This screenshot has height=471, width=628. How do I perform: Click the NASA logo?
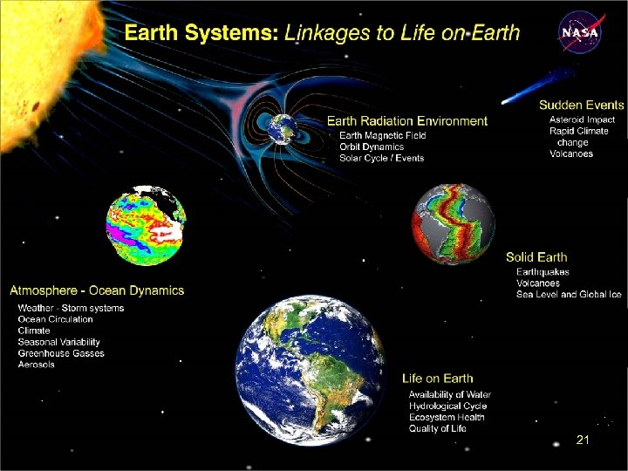(580, 33)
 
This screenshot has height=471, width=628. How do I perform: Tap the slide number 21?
(583, 441)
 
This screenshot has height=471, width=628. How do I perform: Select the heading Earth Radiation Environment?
(406, 120)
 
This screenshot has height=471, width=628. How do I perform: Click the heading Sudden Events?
(581, 105)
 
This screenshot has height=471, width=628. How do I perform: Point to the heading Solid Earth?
(536, 257)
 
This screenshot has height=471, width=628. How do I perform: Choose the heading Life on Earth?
(438, 379)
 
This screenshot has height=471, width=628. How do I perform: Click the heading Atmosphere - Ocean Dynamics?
(97, 290)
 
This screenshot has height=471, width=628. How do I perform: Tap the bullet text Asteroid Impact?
(582, 119)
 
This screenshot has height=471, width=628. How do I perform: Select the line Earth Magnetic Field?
(382, 135)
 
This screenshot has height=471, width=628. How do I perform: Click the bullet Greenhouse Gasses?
(61, 353)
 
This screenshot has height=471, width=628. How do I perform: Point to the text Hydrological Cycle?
(447, 406)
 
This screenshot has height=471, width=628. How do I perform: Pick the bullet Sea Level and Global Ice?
(569, 295)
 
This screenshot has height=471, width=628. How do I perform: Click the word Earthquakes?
(543, 272)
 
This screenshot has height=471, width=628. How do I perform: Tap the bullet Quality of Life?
(438, 428)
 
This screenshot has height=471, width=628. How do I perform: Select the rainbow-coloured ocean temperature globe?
(146, 225)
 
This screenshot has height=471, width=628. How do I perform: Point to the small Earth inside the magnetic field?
(283, 127)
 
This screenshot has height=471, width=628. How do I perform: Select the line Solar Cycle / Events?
(381, 158)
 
